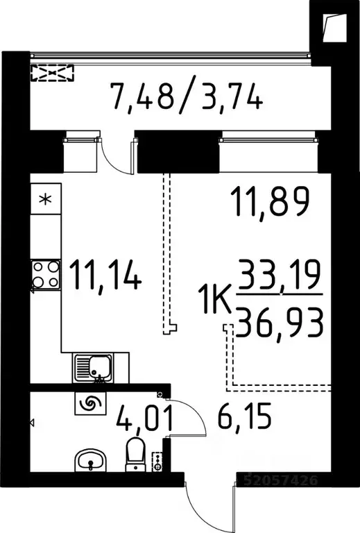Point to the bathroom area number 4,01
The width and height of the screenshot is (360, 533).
tap(142, 419)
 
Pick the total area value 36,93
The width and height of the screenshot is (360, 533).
tap(280, 323)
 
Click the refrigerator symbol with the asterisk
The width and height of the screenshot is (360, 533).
tap(46, 200)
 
